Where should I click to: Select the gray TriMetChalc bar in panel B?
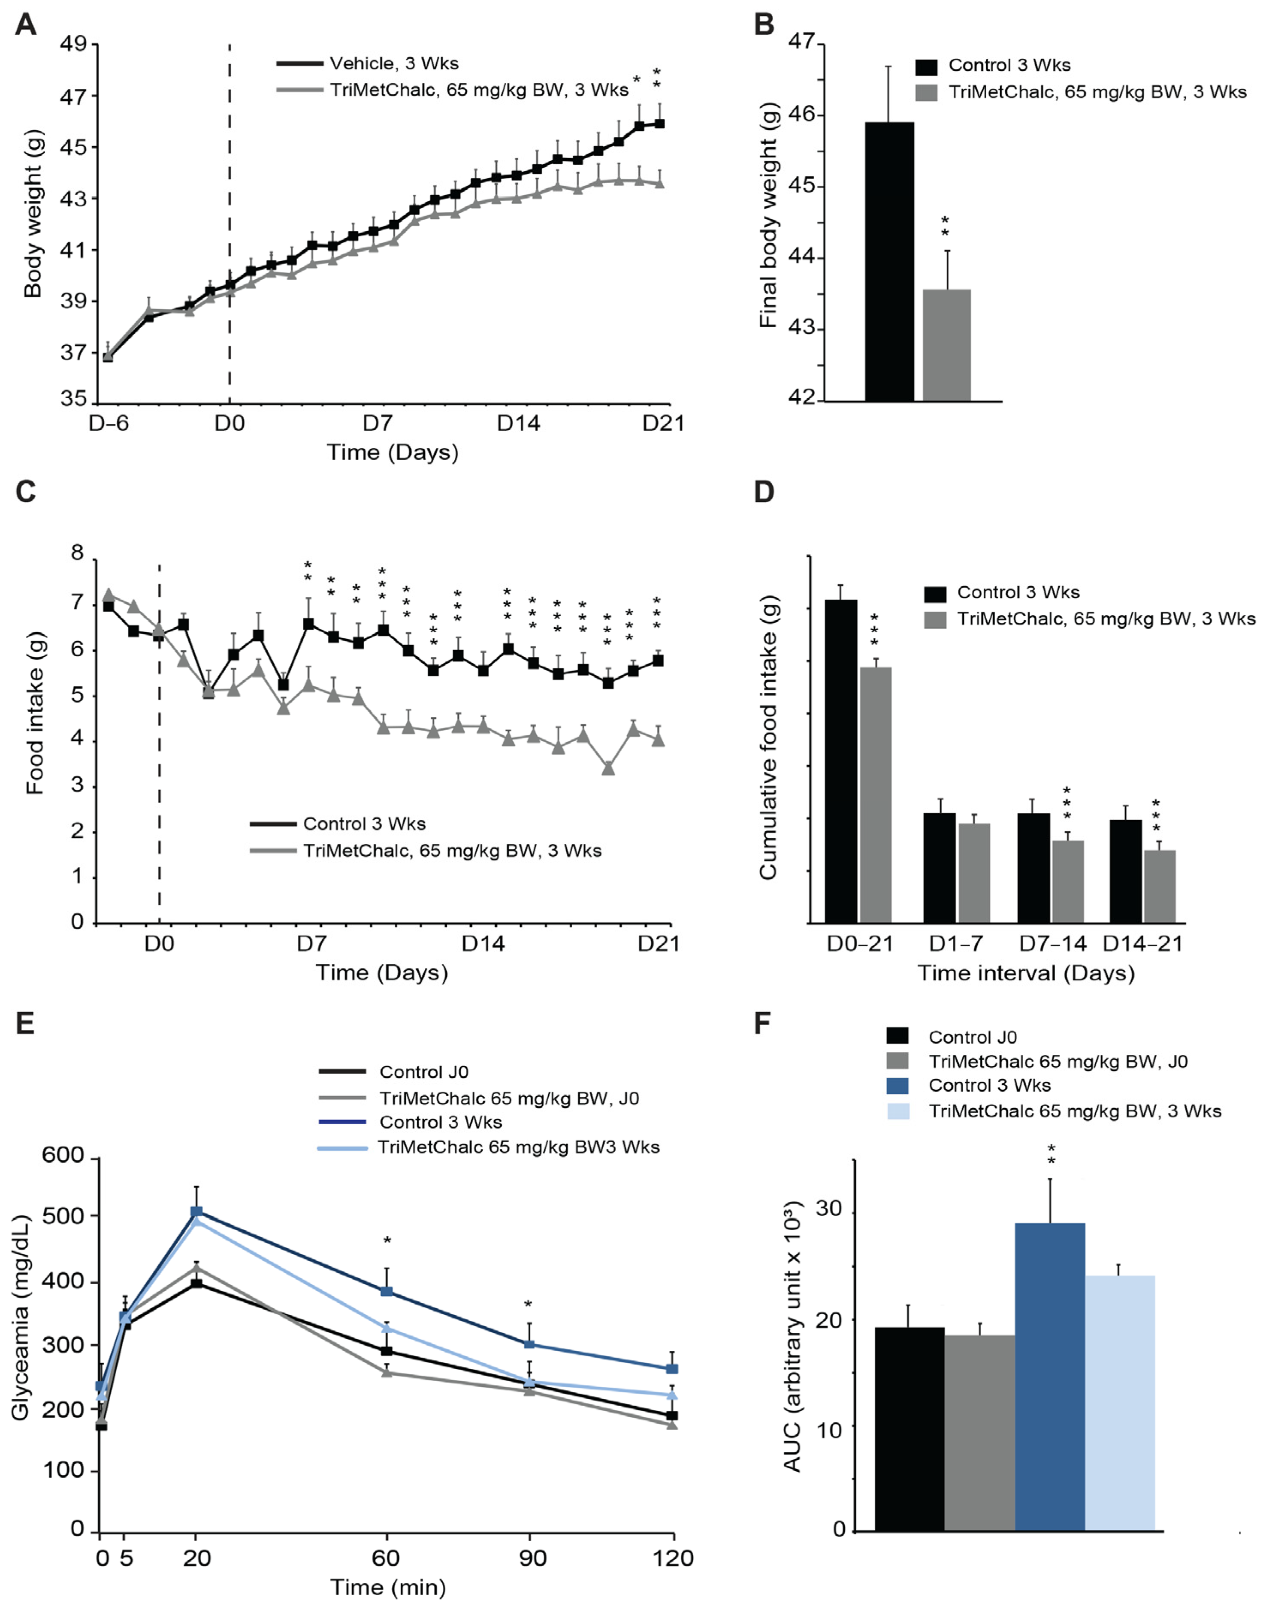click(946, 344)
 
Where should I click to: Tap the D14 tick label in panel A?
click(518, 424)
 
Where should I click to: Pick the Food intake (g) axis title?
click(35, 713)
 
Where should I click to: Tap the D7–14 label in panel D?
click(1052, 943)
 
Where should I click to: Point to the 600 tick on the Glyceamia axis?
click(63, 1156)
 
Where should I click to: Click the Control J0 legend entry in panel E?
click(423, 1072)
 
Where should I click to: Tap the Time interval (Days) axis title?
click(1026, 973)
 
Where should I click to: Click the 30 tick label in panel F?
click(829, 1209)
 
